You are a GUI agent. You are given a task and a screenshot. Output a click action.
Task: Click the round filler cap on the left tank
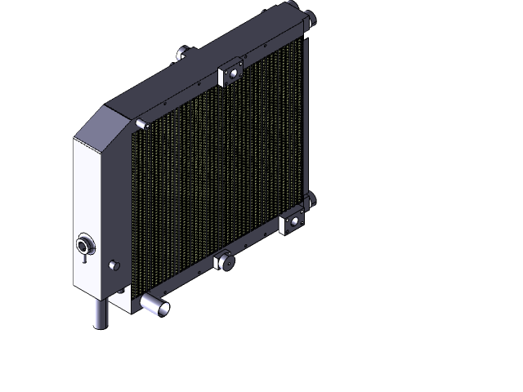click(x=85, y=244)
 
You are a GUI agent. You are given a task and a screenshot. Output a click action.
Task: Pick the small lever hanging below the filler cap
click(x=83, y=259)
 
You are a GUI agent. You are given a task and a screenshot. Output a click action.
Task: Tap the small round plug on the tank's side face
click(x=113, y=266)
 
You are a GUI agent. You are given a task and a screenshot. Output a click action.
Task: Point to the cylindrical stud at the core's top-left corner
click(x=141, y=123)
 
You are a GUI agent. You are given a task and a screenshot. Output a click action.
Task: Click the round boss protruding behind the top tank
click(x=181, y=55)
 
